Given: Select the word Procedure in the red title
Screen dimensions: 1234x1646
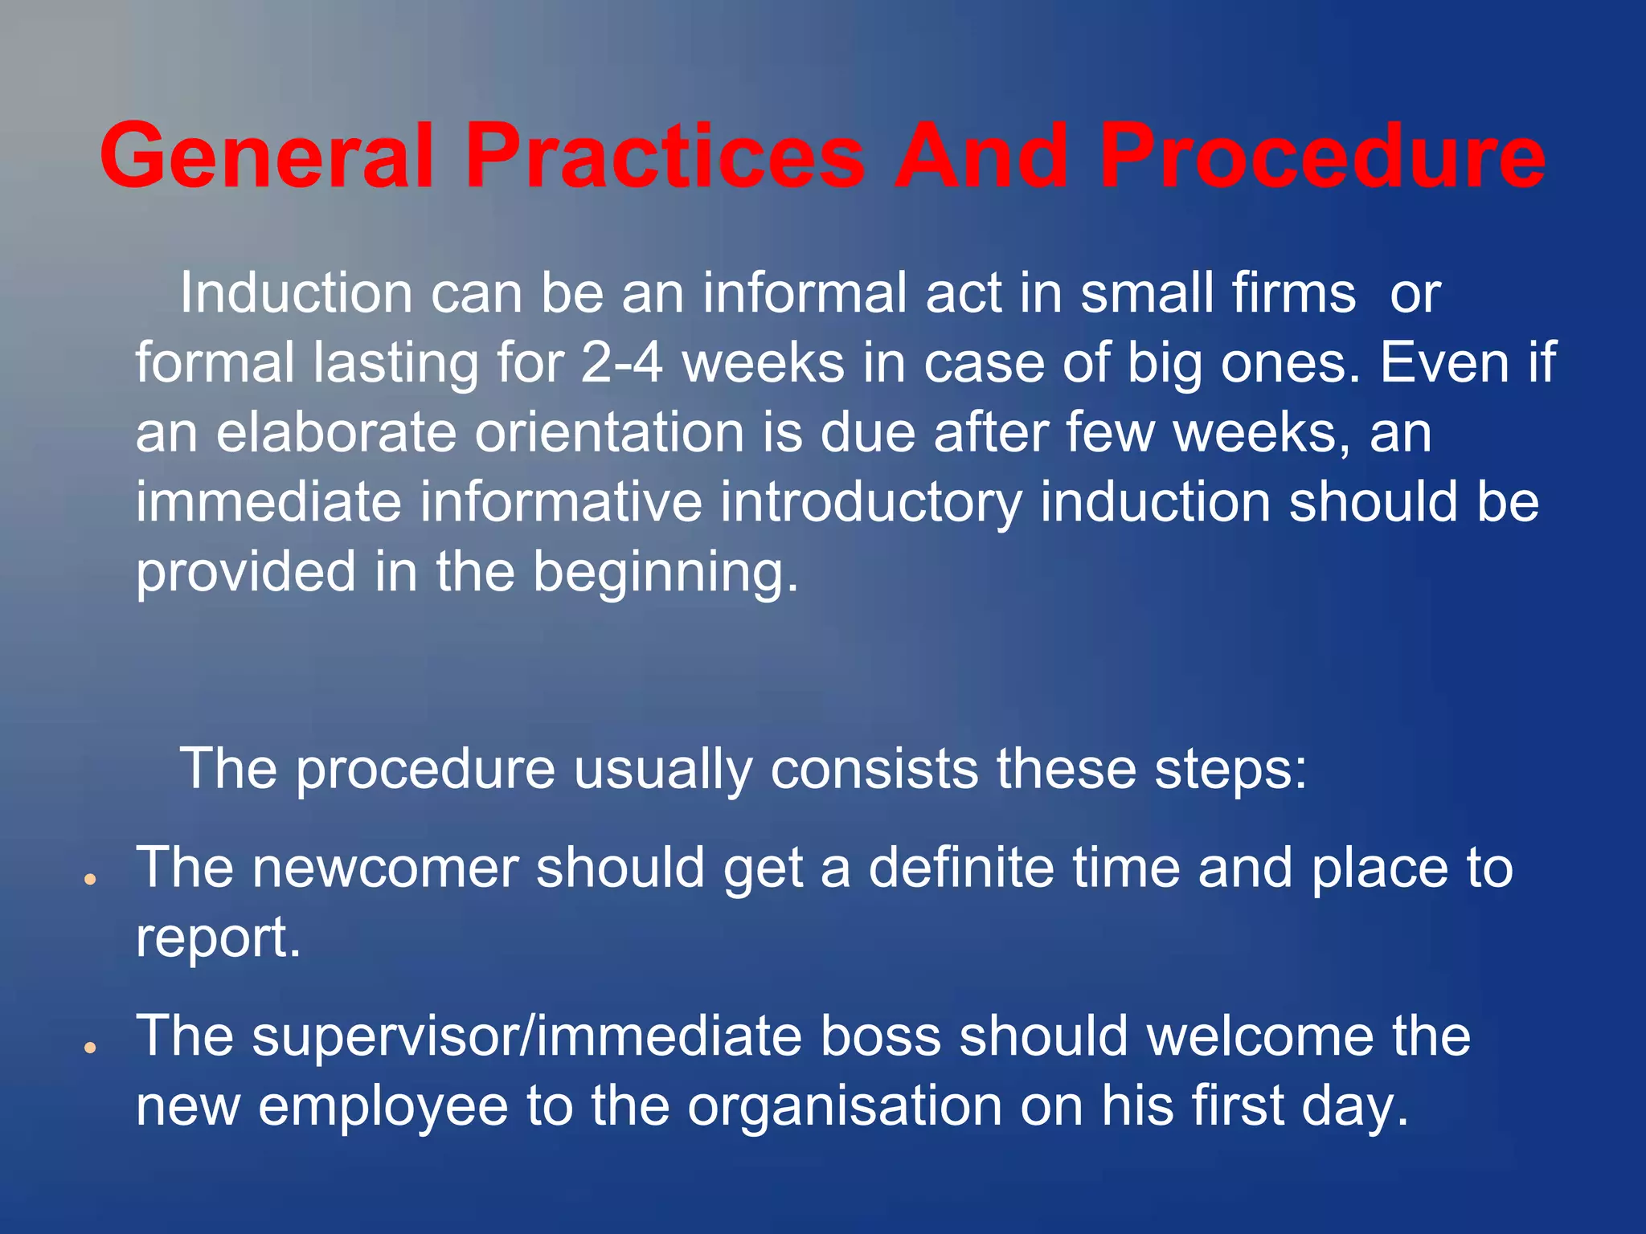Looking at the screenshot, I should point(1321,156).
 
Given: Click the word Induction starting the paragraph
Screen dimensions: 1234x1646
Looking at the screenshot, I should point(296,292).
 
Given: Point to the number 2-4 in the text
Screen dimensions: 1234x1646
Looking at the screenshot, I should point(621,362).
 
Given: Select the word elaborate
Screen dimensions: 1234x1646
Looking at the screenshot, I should point(336,432).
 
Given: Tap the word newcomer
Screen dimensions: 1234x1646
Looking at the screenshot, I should point(385,868).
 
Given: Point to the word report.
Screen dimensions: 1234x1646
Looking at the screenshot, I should point(218,938).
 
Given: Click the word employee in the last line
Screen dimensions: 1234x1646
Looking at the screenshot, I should point(383,1105).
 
